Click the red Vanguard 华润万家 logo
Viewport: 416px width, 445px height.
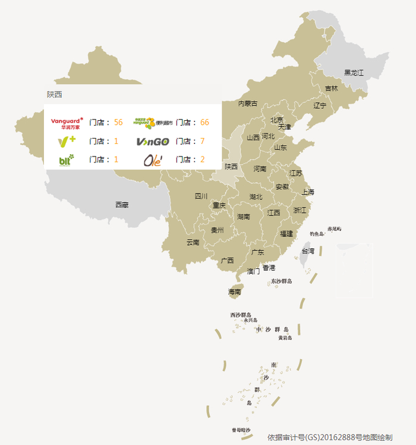click(67, 123)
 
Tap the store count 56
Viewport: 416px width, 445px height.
click(118, 122)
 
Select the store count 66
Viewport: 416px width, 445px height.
click(205, 122)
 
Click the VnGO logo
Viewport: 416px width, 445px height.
click(153, 142)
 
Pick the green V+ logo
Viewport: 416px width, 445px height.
click(67, 141)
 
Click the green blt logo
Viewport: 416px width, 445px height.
click(66, 159)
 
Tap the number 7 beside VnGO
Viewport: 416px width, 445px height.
click(203, 141)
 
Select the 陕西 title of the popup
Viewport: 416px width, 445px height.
click(55, 94)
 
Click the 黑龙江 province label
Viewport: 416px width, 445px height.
click(354, 73)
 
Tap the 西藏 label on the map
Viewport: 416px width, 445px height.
click(122, 205)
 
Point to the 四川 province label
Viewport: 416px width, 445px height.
click(201, 196)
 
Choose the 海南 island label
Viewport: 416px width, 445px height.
click(234, 292)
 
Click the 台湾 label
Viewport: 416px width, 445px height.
click(308, 251)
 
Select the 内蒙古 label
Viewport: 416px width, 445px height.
click(248, 104)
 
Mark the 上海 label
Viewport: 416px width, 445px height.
click(308, 192)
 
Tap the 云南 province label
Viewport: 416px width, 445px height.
click(193, 242)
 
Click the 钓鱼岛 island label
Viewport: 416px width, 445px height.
click(316, 234)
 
